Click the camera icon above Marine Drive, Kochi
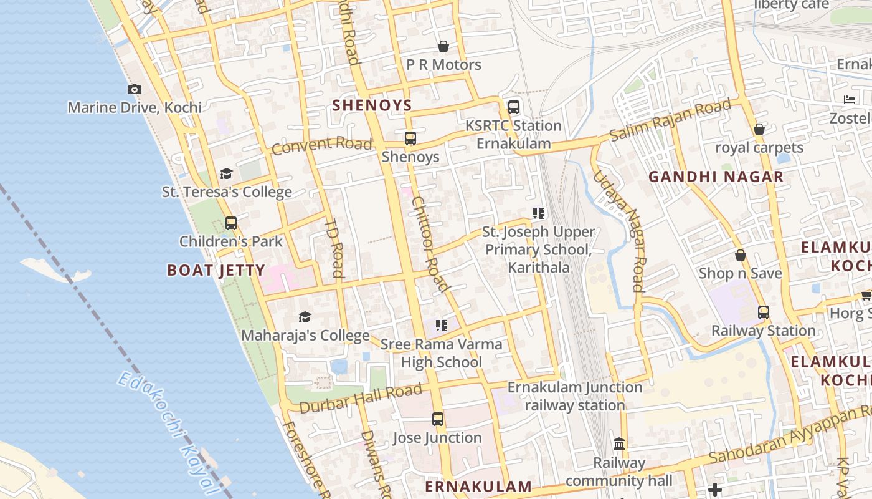(x=135, y=90)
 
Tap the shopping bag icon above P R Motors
(x=443, y=46)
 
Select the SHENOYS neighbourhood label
(x=372, y=105)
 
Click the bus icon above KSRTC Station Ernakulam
(x=514, y=107)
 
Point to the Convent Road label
(x=321, y=145)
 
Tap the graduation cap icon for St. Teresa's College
(x=226, y=173)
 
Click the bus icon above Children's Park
(x=231, y=223)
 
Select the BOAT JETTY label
(x=216, y=270)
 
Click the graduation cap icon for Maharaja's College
(x=305, y=317)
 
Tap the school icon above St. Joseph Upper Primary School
(x=539, y=213)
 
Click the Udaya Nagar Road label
(x=617, y=230)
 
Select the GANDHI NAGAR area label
(x=716, y=177)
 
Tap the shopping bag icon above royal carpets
(x=759, y=130)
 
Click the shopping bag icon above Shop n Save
(x=741, y=255)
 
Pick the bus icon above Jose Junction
(x=438, y=419)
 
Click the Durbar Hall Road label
(x=361, y=399)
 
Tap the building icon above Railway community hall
(x=619, y=444)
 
